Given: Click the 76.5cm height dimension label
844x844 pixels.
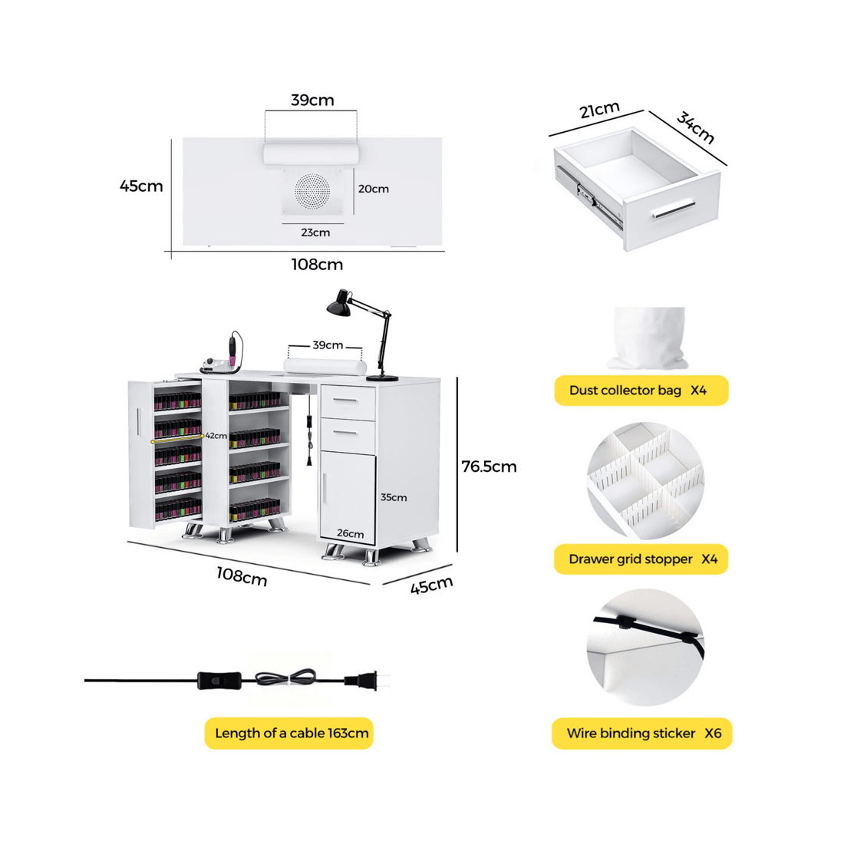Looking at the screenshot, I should [x=489, y=467].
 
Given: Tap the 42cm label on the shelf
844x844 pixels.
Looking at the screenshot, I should [x=216, y=436].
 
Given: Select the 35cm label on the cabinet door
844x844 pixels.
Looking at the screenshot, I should [x=394, y=497].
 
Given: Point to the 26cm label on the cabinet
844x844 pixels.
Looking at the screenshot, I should [x=350, y=534].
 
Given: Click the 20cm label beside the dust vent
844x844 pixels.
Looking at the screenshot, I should [x=374, y=189].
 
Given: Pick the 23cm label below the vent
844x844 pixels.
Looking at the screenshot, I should [x=315, y=232].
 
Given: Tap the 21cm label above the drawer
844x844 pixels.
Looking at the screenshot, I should [x=599, y=110].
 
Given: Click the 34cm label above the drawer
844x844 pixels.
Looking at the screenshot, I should [x=696, y=127].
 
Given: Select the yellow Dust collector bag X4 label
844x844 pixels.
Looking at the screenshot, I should [x=641, y=391].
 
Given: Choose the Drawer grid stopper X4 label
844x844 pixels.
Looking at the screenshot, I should [x=641, y=559].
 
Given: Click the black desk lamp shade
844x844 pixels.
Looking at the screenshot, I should [x=338, y=305].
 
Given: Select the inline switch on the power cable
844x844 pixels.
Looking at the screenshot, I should [x=212, y=679].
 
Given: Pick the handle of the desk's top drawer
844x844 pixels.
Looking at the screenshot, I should [x=348, y=401].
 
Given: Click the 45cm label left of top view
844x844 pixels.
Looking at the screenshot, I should [x=141, y=186].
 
